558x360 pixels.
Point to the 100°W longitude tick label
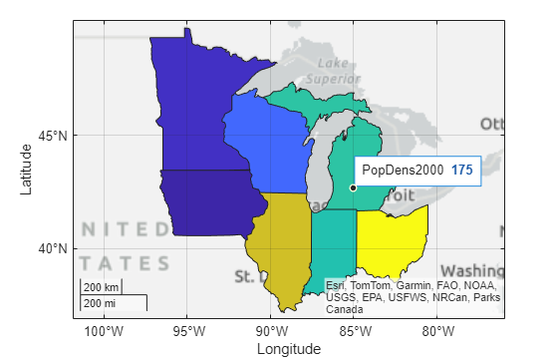point(104,331)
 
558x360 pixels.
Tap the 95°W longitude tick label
point(187,331)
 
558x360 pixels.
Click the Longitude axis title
point(288,349)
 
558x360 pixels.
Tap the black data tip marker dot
point(353,187)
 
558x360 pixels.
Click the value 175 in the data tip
point(461,171)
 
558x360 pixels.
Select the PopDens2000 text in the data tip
point(403,171)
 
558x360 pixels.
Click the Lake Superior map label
point(328,70)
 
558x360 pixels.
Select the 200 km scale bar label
point(98,288)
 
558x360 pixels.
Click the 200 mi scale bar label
point(98,302)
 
